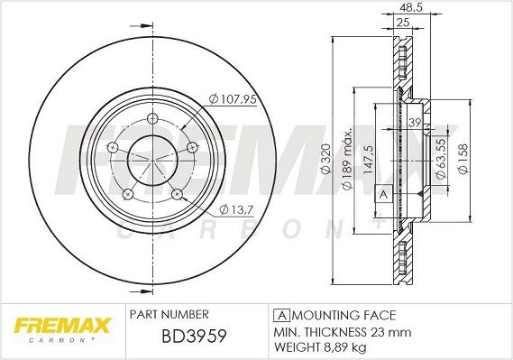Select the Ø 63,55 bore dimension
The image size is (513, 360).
click(442, 161)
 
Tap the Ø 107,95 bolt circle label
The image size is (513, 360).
click(234, 99)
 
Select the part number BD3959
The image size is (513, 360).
click(179, 337)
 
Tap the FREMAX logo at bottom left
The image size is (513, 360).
click(60, 326)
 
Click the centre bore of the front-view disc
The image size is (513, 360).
click(149, 159)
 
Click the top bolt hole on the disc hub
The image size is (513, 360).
click(149, 120)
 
